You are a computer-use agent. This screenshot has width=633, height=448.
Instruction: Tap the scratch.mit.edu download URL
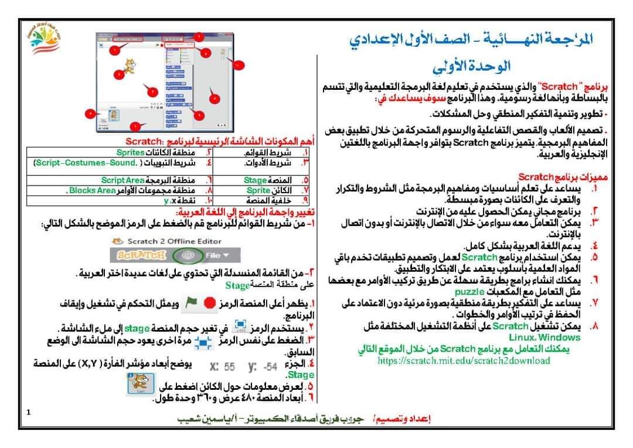click(x=464, y=361)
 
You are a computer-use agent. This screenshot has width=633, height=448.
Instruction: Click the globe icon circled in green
click(x=189, y=255)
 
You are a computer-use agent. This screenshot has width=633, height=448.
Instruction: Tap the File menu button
click(x=216, y=255)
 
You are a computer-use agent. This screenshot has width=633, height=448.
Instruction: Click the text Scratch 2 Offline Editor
click(x=168, y=241)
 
